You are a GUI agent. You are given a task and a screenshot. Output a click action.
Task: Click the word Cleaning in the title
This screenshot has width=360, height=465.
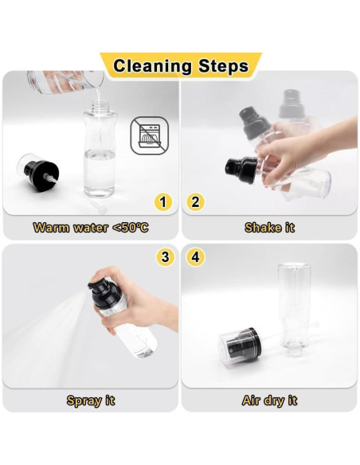point(152,66)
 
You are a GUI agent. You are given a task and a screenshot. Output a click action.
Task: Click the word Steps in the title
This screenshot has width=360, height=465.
point(223,66)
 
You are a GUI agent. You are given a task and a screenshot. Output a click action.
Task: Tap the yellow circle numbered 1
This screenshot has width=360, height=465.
point(162,202)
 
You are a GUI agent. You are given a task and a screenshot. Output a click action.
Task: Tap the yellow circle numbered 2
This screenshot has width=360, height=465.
point(195,202)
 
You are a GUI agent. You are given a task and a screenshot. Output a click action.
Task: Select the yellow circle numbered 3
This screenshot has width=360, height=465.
point(166,257)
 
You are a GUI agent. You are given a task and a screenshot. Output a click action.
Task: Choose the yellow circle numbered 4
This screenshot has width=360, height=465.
point(195,257)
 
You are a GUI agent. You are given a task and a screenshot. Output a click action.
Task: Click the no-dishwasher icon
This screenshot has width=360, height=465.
point(150,135)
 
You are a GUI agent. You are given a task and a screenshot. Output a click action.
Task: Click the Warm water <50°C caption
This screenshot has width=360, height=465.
point(91,228)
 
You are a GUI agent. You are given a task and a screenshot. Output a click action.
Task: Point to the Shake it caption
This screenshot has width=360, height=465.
point(269,228)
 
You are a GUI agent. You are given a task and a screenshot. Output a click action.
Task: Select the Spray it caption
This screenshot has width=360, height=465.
point(91,401)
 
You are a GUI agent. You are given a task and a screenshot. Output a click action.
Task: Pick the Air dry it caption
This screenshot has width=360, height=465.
point(269,401)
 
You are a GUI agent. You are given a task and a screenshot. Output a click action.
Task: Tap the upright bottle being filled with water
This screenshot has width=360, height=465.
point(100,149)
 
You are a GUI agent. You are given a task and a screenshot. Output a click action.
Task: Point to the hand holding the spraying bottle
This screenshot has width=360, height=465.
point(135,299)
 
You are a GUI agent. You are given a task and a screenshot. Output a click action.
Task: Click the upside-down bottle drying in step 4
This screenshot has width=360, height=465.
point(294,306)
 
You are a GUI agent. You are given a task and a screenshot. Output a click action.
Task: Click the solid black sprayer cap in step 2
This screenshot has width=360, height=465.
point(241,170)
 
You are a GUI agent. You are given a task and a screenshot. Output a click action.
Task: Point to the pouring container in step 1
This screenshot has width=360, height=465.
point(65,82)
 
